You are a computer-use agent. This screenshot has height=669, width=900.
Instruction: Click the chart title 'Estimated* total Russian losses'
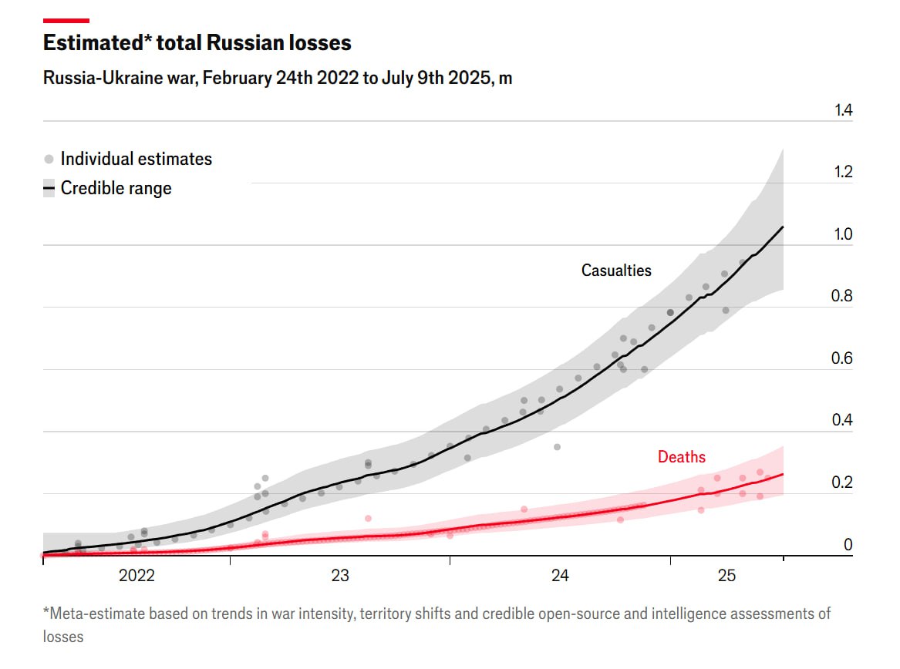(x=197, y=43)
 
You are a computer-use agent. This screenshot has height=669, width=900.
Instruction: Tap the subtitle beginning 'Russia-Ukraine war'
(x=278, y=79)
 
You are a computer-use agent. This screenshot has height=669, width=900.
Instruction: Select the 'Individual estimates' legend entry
(x=136, y=160)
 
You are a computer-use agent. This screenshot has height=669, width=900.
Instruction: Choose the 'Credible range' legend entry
(x=116, y=188)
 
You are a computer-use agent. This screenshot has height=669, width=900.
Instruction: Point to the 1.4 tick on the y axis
(x=844, y=110)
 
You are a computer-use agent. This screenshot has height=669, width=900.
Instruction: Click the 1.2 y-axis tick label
(x=844, y=172)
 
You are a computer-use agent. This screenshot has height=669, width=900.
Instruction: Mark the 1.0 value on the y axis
(x=844, y=234)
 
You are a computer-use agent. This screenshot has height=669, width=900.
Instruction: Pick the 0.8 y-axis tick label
(x=844, y=297)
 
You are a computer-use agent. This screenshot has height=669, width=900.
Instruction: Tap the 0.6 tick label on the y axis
(x=844, y=358)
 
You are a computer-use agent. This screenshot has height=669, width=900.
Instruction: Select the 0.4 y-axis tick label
(x=844, y=421)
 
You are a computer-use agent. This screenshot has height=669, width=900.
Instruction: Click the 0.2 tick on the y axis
(x=844, y=483)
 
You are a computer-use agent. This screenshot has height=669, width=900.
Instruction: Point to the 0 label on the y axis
(x=848, y=545)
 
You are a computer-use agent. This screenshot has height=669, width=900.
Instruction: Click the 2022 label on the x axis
(x=137, y=576)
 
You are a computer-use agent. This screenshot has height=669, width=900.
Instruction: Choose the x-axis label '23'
(x=340, y=576)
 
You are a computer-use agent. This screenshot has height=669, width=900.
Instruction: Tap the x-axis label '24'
(x=561, y=576)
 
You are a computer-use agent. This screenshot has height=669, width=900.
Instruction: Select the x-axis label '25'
(x=727, y=576)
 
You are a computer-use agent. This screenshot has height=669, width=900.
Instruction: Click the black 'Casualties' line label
(x=616, y=271)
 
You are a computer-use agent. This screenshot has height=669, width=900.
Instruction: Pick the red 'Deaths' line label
(x=681, y=457)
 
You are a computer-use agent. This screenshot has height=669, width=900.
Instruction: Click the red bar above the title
(x=66, y=21)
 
